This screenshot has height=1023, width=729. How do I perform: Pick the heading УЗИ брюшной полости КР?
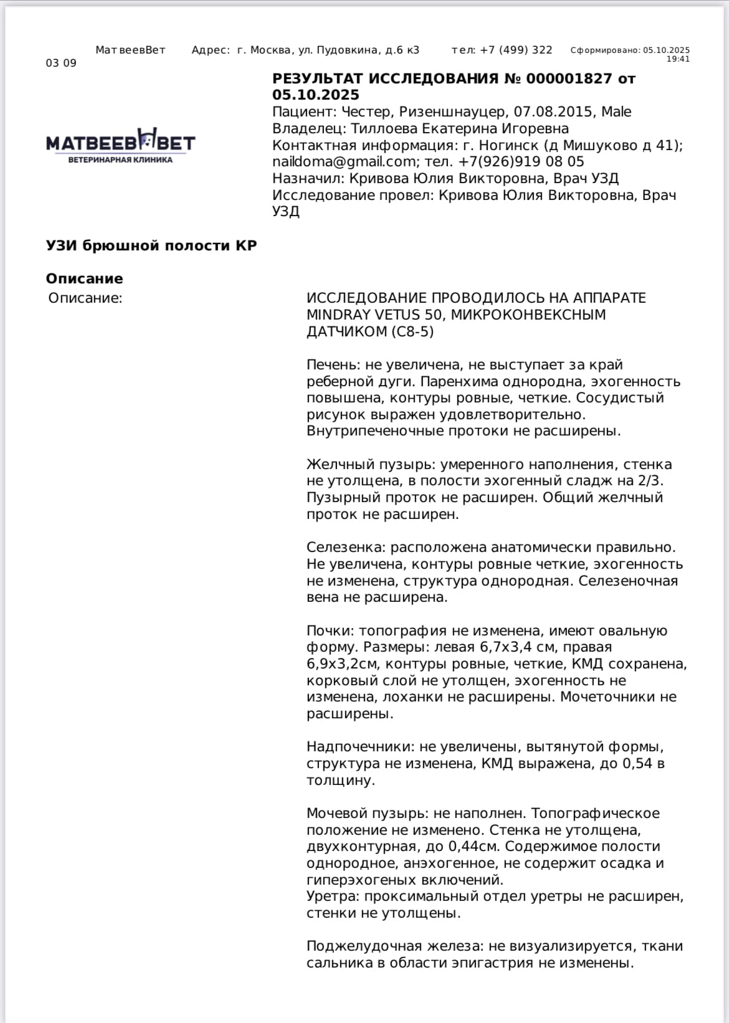[x=151, y=245]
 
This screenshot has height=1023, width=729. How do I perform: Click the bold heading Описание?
[x=85, y=278]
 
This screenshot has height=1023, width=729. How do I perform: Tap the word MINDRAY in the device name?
[x=341, y=315]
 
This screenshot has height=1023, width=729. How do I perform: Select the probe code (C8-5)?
[x=412, y=331]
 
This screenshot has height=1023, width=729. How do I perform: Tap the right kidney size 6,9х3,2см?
[x=342, y=664]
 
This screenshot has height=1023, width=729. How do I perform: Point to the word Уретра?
[x=333, y=897]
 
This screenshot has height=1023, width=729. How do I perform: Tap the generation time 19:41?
[x=678, y=59]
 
